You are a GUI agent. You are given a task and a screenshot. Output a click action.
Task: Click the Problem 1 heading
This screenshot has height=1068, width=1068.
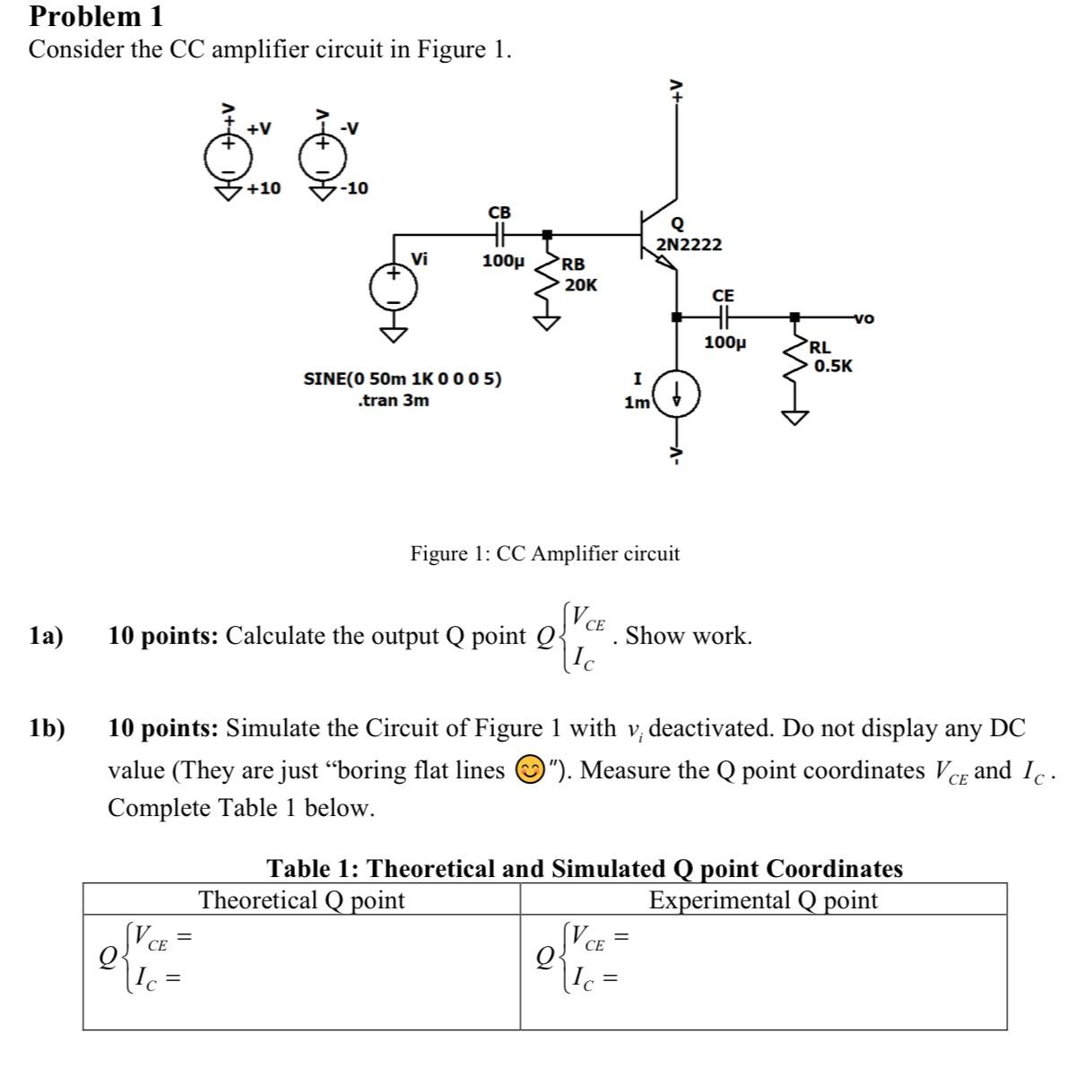tap(96, 16)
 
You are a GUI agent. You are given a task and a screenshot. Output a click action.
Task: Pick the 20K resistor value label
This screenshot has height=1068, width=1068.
tap(581, 285)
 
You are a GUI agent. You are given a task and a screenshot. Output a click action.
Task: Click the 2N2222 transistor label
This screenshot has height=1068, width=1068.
tap(689, 245)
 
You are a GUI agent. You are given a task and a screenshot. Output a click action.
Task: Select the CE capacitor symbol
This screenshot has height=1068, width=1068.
tap(723, 316)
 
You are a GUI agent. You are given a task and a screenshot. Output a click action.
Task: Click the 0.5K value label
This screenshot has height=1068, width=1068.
tap(833, 366)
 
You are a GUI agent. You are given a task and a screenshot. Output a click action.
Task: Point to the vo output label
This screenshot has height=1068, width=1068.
tap(864, 317)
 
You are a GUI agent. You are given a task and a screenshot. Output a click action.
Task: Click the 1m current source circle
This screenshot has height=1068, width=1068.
tap(677, 395)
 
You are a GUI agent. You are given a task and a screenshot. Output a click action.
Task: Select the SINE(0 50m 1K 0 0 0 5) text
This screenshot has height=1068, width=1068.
tap(403, 378)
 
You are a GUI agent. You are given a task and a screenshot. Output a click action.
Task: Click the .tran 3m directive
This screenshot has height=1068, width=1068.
tap(393, 401)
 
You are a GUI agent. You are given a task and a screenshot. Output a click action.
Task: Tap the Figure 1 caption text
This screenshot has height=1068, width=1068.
tap(544, 553)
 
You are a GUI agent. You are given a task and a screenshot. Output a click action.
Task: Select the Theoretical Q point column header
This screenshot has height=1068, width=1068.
tap(301, 899)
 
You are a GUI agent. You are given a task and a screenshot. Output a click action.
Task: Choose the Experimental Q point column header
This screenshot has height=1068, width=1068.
tap(763, 899)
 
